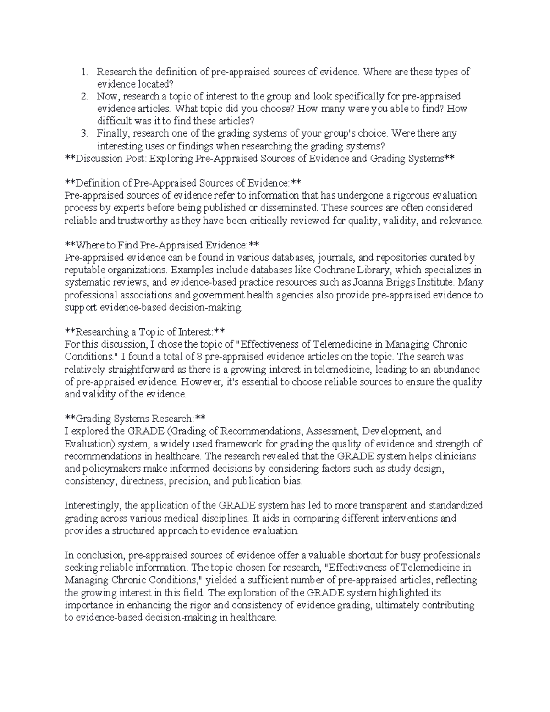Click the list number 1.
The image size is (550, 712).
coord(83,72)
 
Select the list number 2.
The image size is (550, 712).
coord(83,97)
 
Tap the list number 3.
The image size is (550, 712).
coord(83,134)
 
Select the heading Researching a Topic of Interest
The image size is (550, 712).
coord(144,331)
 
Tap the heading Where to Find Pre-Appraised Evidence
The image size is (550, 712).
coord(162,245)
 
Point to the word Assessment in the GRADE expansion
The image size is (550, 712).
coord(333,431)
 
